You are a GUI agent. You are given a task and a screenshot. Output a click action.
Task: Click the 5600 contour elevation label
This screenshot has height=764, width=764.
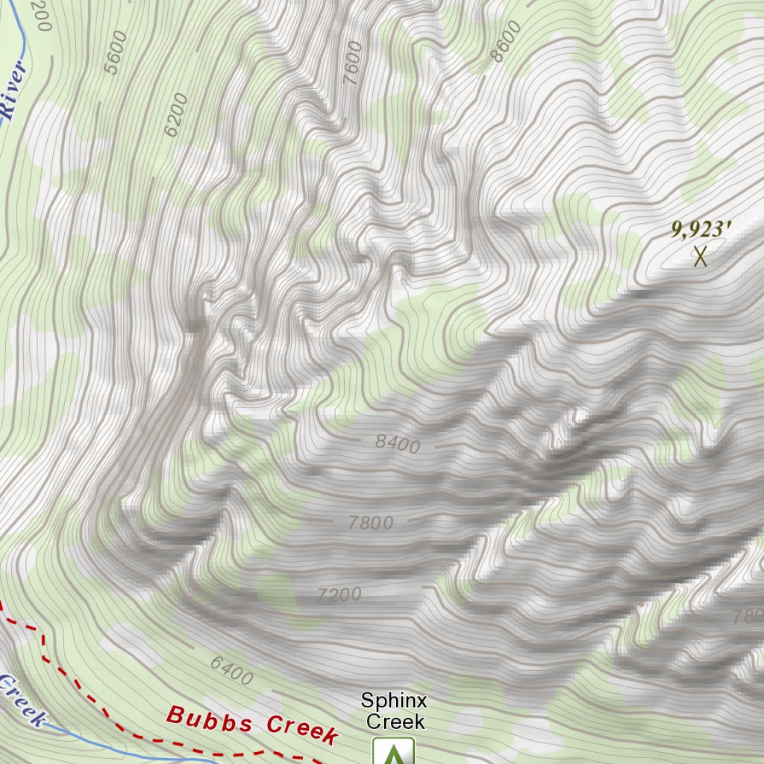pyautogui.click(x=116, y=52)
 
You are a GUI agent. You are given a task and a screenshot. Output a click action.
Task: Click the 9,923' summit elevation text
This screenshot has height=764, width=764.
pyautogui.click(x=698, y=229)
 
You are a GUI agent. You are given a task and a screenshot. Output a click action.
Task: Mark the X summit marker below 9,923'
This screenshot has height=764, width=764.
pyautogui.click(x=700, y=256)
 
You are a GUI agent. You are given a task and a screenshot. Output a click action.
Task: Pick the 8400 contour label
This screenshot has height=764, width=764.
pyautogui.click(x=398, y=445)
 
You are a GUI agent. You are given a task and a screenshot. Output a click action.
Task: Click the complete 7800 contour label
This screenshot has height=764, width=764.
pyautogui.click(x=371, y=523)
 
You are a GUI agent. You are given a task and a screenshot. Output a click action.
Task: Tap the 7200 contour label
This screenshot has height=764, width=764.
pyautogui.click(x=339, y=595)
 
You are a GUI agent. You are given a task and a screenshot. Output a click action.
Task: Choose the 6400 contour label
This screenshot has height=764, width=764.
pyautogui.click(x=231, y=669)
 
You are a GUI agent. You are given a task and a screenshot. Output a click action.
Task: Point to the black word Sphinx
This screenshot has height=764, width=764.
pyautogui.click(x=394, y=701)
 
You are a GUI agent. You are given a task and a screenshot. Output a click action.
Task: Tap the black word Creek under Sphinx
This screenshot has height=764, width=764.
pyautogui.click(x=395, y=721)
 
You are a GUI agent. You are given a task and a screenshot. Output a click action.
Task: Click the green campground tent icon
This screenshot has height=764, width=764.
pyautogui.click(x=393, y=752)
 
